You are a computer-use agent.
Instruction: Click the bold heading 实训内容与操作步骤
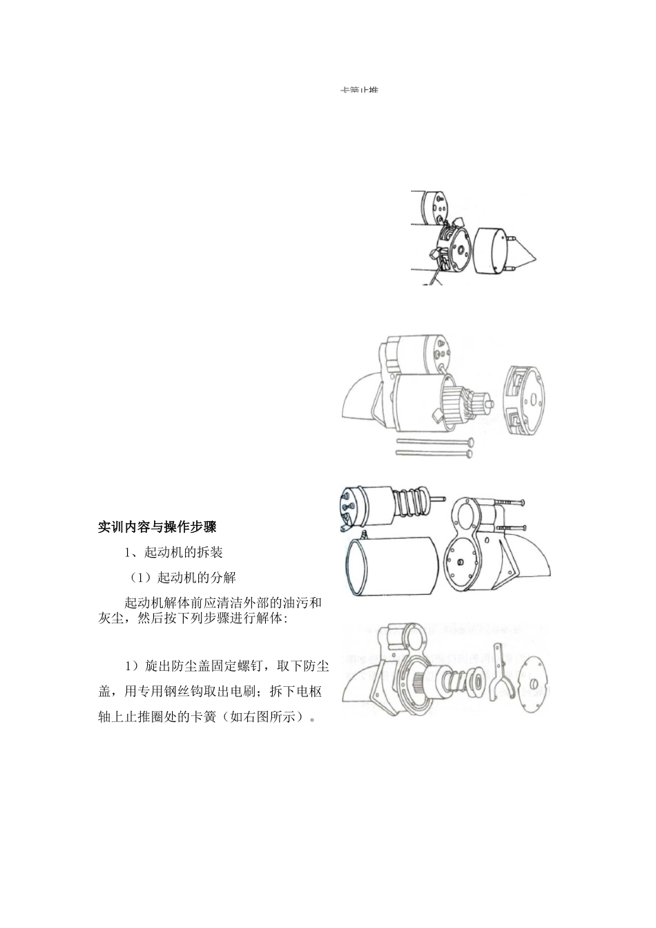tap(157, 527)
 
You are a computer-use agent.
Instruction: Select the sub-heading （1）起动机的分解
tap(183, 578)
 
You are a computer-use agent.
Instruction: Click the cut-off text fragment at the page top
tap(359, 91)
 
